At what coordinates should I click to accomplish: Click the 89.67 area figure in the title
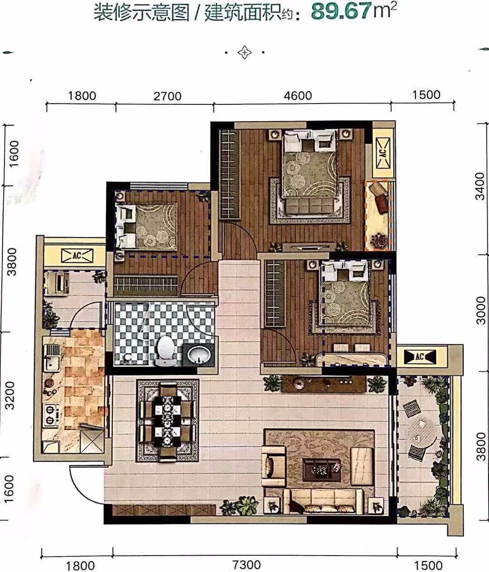tap(341, 11)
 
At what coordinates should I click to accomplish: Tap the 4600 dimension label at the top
tap(298, 96)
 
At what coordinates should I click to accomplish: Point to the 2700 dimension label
tap(167, 96)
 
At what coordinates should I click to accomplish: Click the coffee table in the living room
tap(322, 469)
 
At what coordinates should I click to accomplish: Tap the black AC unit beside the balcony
tap(420, 356)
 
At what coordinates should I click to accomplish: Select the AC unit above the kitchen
tap(77, 256)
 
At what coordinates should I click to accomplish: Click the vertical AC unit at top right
tap(383, 153)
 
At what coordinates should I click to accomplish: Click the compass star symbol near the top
tap(245, 52)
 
